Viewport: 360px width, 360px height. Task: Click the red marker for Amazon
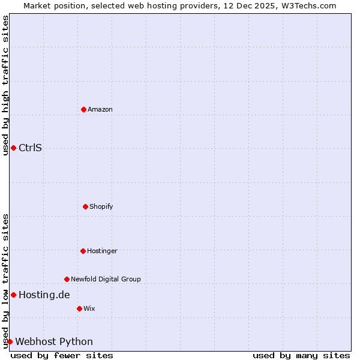pyautogui.click(x=83, y=109)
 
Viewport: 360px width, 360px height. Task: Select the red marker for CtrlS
pyautogui.click(x=13, y=148)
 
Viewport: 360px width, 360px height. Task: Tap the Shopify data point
pyautogui.click(x=85, y=206)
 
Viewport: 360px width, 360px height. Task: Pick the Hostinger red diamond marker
pyautogui.click(x=83, y=251)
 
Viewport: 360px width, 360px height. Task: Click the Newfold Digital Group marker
pyautogui.click(x=67, y=279)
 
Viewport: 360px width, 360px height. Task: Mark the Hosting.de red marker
pyautogui.click(x=13, y=295)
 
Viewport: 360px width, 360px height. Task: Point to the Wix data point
pyautogui.click(x=79, y=308)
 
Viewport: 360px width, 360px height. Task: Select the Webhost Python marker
pyautogui.click(x=10, y=341)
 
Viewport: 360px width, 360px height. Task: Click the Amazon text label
pyautogui.click(x=100, y=109)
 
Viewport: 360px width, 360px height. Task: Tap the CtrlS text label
pyautogui.click(x=30, y=148)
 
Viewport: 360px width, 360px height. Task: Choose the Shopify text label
pyautogui.click(x=101, y=206)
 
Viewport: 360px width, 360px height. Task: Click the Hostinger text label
pyautogui.click(x=102, y=251)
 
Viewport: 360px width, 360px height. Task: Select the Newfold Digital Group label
pyautogui.click(x=106, y=279)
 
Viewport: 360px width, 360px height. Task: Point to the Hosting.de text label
pyautogui.click(x=44, y=295)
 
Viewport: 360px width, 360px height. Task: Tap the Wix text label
pyautogui.click(x=89, y=308)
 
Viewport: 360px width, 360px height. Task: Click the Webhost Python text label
pyautogui.click(x=54, y=341)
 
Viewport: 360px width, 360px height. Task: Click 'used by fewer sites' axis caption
pyautogui.click(x=62, y=355)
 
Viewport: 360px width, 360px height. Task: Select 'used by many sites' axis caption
pyautogui.click(x=301, y=355)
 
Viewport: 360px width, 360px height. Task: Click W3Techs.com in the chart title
pyautogui.click(x=308, y=5)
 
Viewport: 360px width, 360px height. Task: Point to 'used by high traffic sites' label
pyautogui.click(x=5, y=85)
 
